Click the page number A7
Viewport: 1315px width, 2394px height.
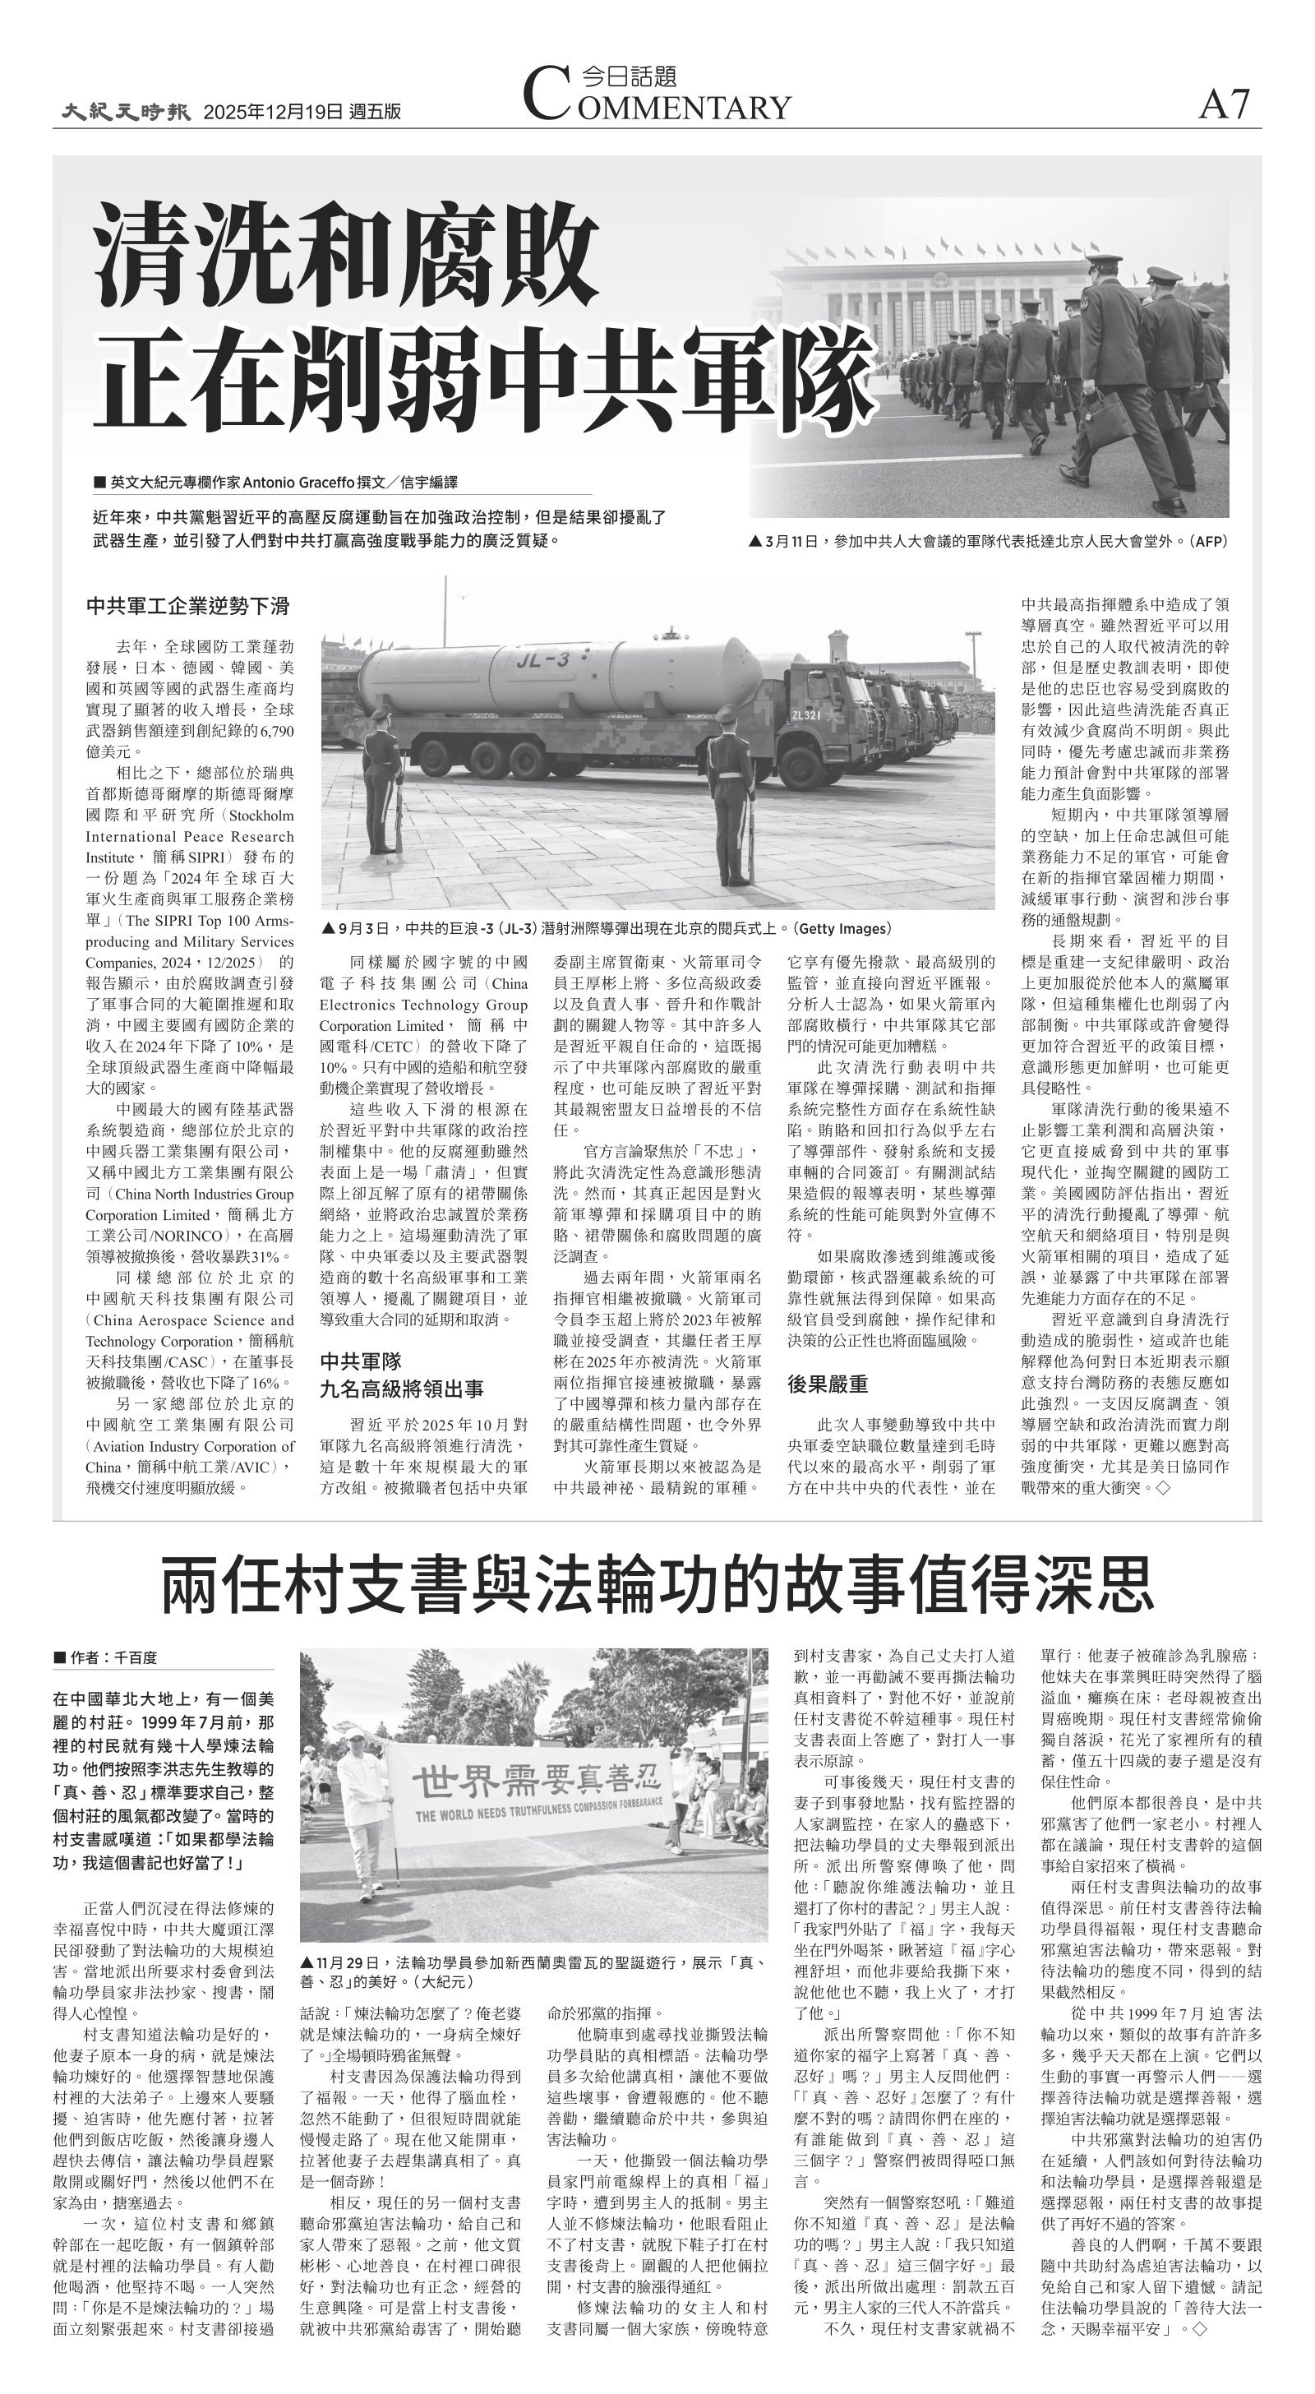(1224, 104)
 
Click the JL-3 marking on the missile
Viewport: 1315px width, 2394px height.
(543, 661)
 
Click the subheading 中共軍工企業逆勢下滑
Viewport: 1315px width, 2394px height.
(187, 607)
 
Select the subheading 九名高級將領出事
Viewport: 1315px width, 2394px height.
(401, 1389)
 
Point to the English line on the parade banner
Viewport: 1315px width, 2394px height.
(539, 1814)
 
